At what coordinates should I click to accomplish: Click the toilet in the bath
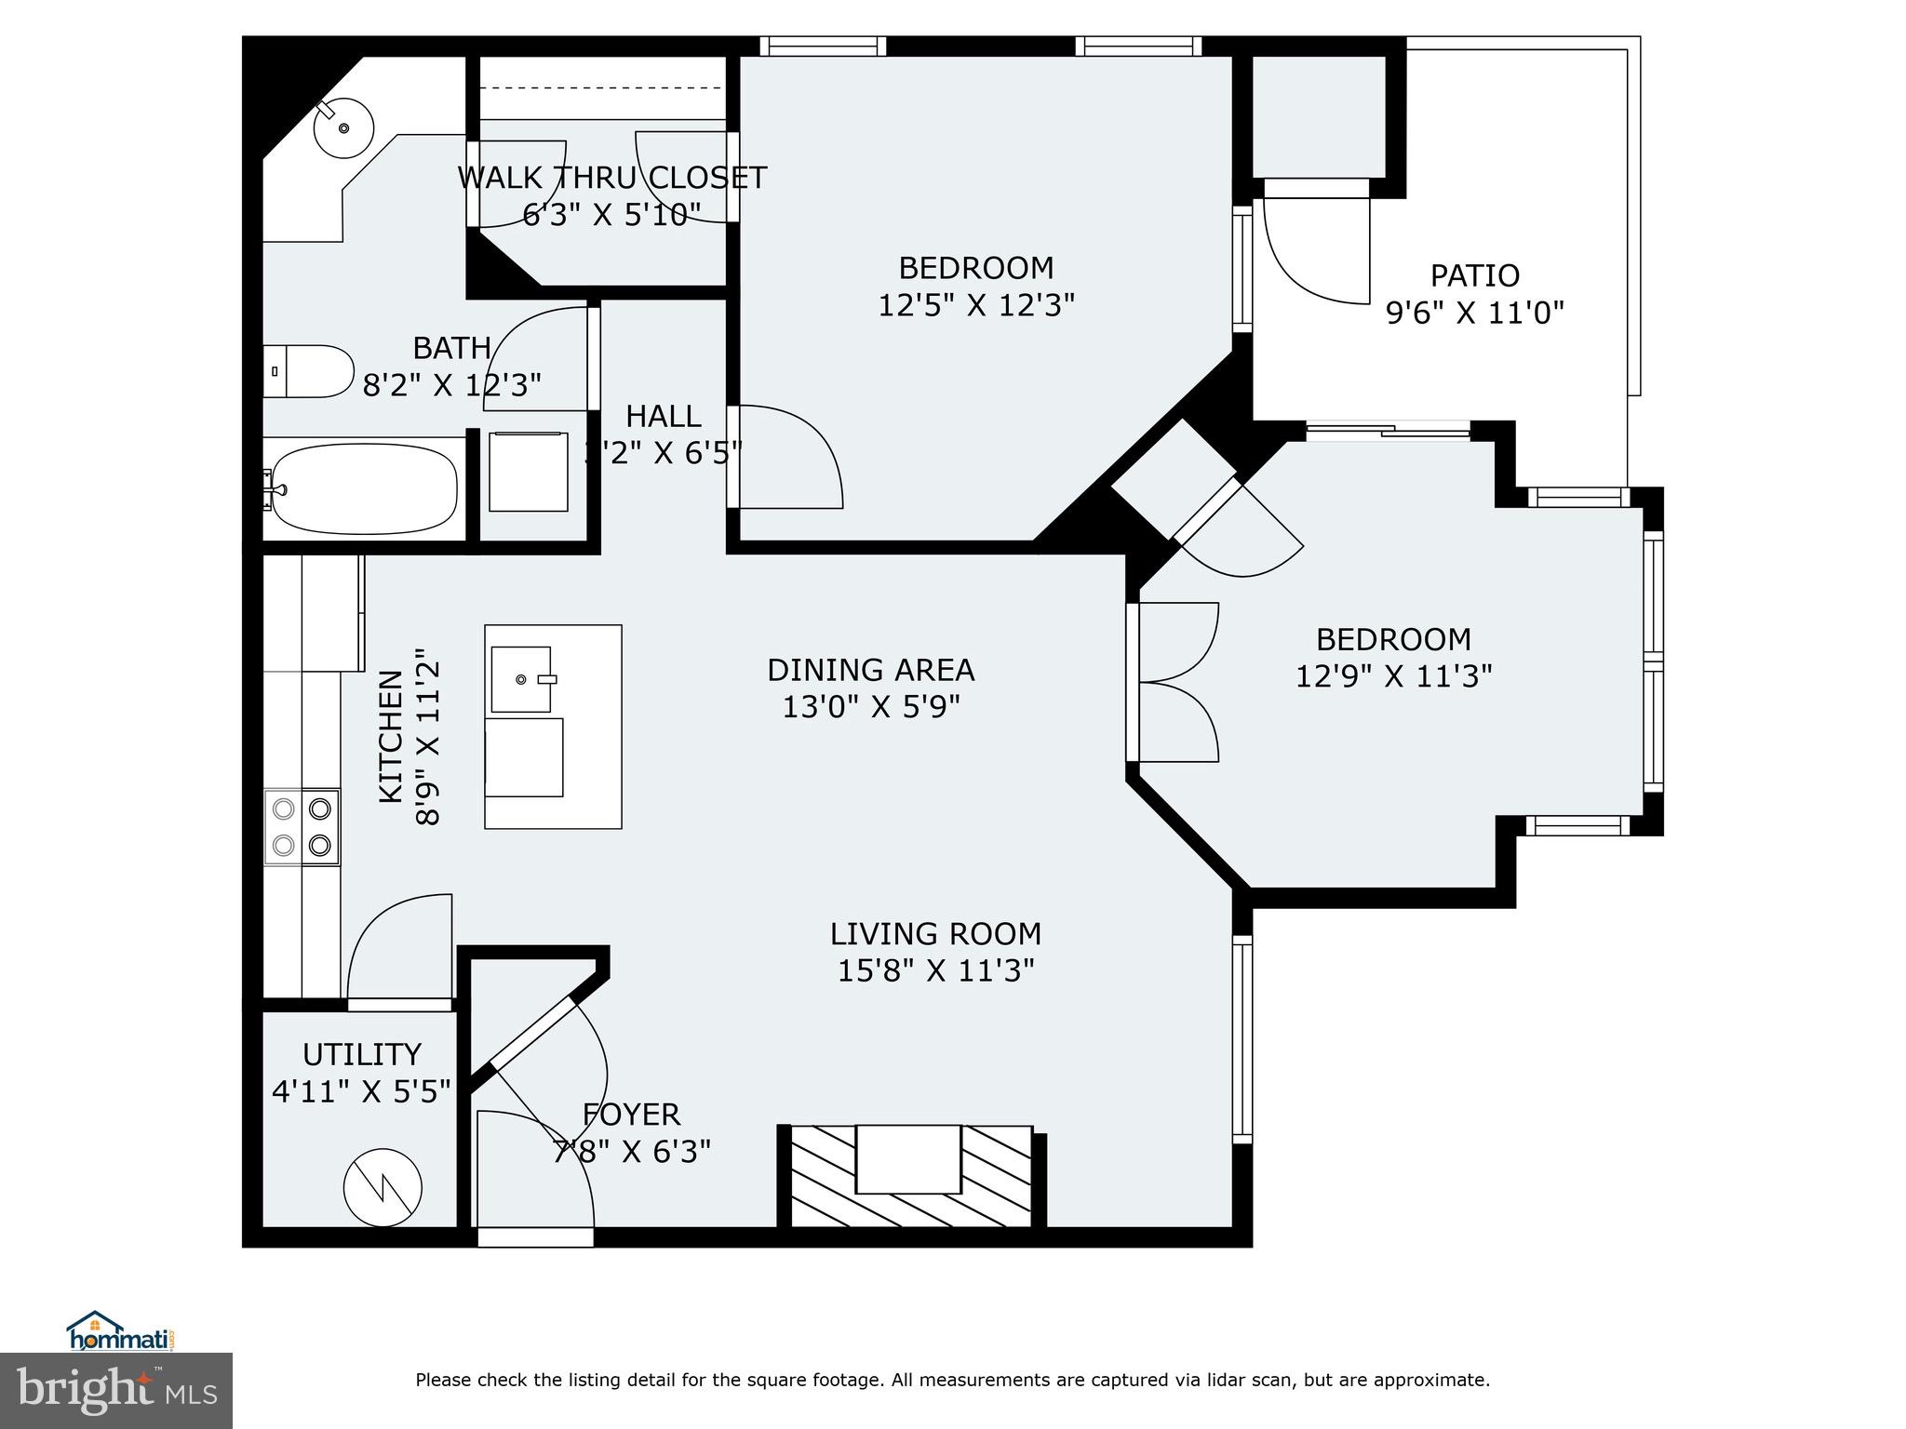click(309, 371)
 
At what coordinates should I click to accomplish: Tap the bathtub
click(363, 487)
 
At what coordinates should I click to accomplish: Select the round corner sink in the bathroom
click(343, 127)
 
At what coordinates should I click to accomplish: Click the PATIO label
click(1474, 275)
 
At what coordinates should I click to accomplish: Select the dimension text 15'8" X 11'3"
click(935, 971)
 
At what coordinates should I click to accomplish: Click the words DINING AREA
click(870, 670)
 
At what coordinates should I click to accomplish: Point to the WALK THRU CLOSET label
click(611, 178)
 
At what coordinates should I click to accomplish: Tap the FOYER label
click(631, 1114)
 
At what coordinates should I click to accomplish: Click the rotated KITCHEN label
click(390, 736)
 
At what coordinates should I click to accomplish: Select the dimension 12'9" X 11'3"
click(1393, 676)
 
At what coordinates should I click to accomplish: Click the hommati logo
click(121, 1332)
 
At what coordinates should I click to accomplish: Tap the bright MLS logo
click(115, 1390)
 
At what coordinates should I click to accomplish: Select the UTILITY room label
click(361, 1054)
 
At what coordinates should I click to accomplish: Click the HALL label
click(663, 416)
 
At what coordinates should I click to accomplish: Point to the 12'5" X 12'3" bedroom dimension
click(976, 305)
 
